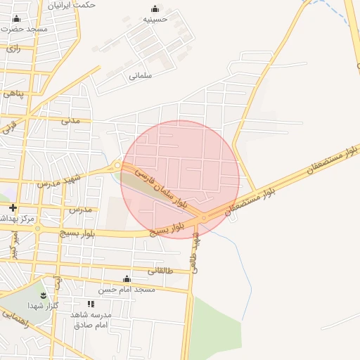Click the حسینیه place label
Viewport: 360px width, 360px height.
155,20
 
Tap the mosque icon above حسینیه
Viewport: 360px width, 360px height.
155,9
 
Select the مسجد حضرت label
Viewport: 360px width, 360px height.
25,30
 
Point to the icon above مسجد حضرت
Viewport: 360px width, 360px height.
17,18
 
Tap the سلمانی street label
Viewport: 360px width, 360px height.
141,75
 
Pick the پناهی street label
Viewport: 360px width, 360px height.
13,93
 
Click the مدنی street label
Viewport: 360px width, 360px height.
71,120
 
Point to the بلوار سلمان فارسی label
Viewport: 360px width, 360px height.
162,187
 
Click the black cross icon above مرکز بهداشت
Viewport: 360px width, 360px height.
13,207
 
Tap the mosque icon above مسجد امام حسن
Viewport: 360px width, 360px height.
127,279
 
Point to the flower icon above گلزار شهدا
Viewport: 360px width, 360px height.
43,294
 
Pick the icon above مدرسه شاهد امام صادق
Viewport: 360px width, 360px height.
91,304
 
